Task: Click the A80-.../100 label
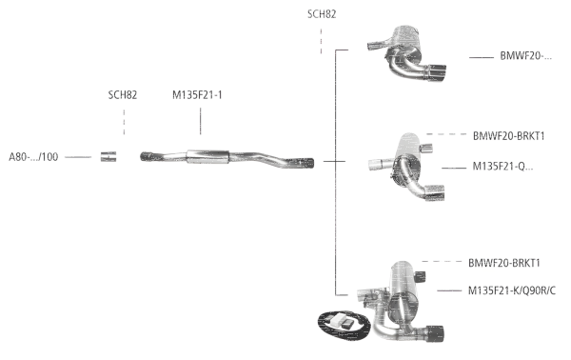tap(34, 156)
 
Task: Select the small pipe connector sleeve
tap(109, 156)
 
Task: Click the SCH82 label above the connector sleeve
tap(123, 95)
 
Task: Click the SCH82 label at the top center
tap(321, 14)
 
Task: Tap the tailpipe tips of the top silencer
tap(437, 73)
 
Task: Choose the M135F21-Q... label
tap(502, 167)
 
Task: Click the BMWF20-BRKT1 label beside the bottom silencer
tap(504, 262)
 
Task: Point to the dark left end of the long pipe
tap(148, 155)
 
